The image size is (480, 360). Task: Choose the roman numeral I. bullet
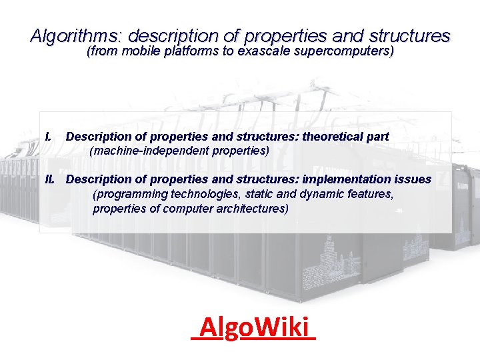(49, 137)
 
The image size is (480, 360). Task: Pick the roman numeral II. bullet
(49, 179)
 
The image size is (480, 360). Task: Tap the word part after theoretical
(377, 137)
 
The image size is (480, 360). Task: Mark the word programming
(132, 194)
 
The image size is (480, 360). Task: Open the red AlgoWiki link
(253, 328)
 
